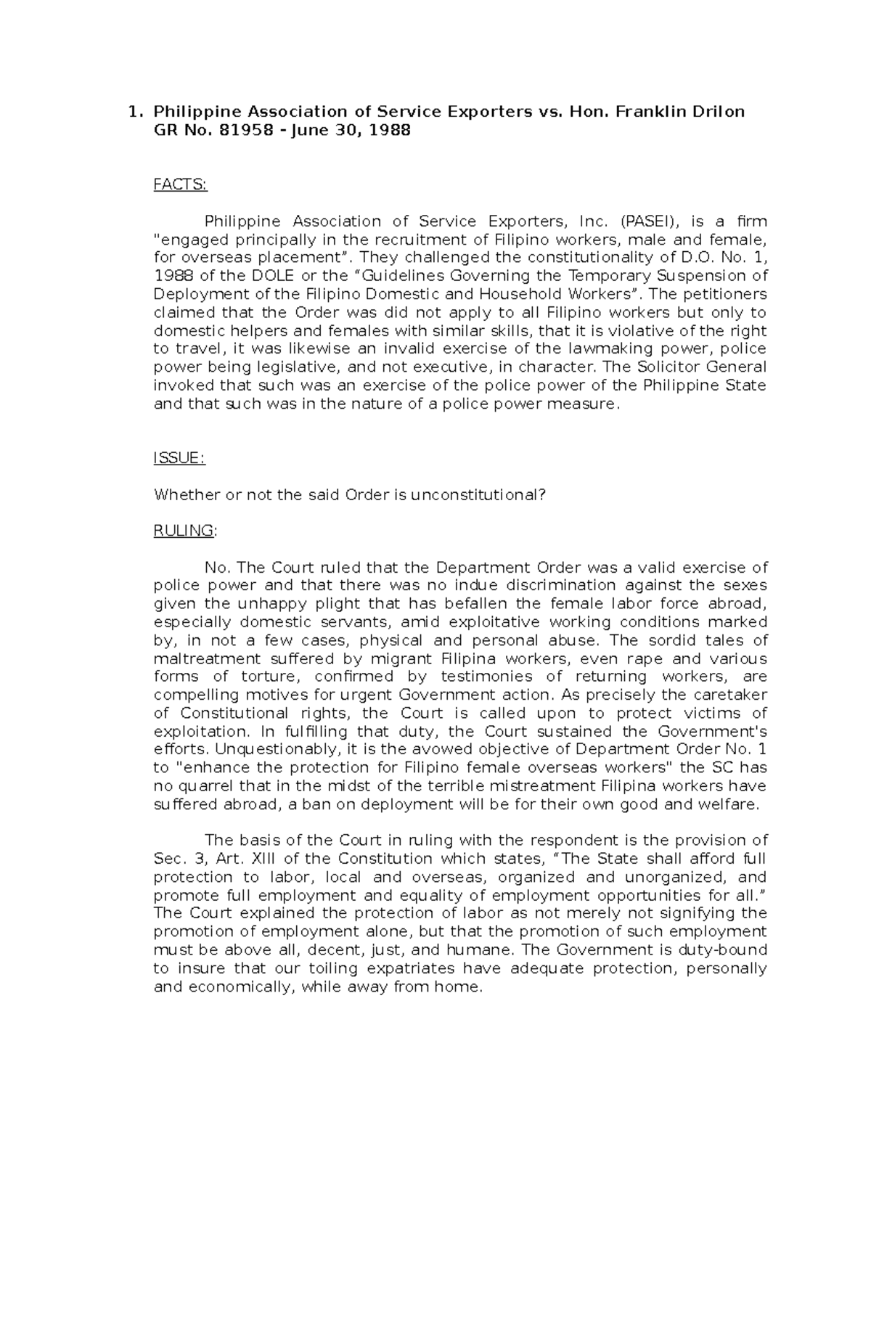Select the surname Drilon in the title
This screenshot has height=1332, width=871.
click(714, 112)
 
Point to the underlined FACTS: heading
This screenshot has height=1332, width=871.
click(180, 185)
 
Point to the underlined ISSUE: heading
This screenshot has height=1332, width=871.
click(179, 458)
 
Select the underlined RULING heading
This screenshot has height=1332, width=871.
click(184, 531)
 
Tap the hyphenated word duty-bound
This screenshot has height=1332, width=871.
click(722, 950)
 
